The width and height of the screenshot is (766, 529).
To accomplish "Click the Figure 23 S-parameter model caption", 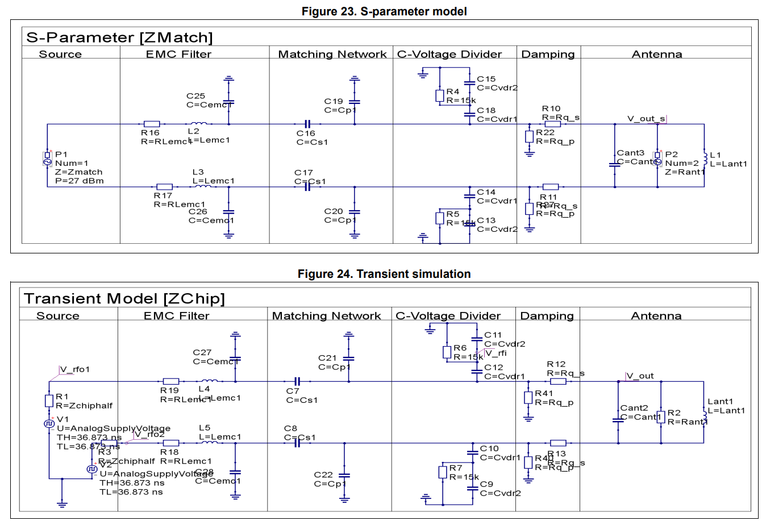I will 384,11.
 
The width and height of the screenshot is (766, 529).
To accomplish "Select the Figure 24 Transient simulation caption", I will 384,274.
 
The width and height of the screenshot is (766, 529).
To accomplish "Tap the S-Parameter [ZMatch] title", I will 119,38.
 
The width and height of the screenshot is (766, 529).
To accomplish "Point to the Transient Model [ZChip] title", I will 124,299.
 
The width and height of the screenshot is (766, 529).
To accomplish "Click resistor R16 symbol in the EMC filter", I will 152,124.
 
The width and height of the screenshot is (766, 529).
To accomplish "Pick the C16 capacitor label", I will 306,134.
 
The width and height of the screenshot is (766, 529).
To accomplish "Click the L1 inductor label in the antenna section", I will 715,155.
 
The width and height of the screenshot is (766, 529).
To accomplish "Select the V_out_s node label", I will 646,119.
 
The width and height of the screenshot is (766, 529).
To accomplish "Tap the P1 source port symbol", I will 48,159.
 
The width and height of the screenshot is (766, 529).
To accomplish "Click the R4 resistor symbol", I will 439,96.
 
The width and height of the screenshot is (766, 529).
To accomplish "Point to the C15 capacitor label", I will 486,79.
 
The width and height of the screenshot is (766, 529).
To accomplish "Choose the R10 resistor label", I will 551,109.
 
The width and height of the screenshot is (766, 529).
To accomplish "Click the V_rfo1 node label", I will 75,369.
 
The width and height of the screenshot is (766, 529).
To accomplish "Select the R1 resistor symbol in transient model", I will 49,401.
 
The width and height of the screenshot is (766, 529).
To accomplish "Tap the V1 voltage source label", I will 63,419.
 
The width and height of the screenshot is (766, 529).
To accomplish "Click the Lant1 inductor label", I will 720,402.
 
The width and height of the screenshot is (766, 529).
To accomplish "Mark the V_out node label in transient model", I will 640,376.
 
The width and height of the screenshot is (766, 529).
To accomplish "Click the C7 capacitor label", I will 292,391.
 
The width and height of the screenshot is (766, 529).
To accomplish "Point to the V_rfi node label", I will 496,353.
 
